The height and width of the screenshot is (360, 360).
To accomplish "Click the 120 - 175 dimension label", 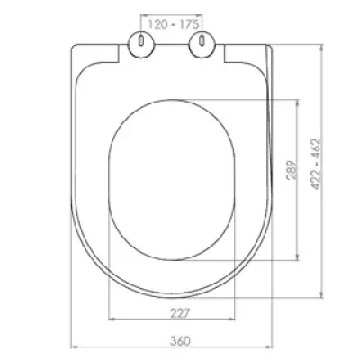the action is [174, 24].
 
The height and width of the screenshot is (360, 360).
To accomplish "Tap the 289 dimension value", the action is [292, 170].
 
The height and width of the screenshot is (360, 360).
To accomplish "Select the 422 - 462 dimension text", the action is [316, 164].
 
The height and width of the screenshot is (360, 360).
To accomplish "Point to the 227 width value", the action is [180, 313].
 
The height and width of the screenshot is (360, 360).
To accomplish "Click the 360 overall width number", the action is [181, 341].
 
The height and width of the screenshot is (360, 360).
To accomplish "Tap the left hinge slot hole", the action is [141, 40].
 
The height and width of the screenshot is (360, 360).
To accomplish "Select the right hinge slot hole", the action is [202, 40].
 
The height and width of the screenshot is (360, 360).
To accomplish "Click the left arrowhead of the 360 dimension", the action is [74, 347].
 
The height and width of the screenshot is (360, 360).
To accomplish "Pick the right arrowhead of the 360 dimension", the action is [269, 347].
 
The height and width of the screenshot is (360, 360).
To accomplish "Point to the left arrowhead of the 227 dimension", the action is [112, 319].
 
